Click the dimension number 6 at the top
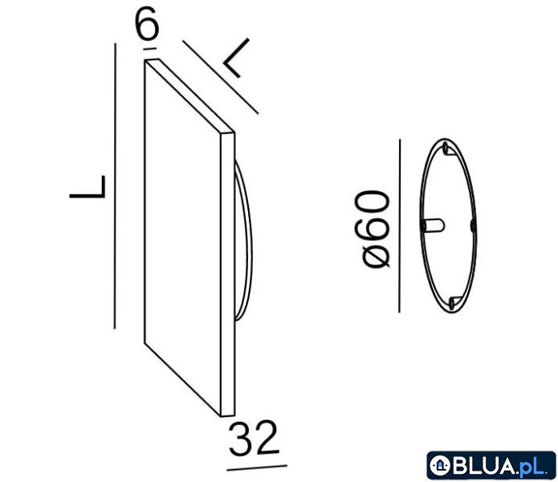tap(147, 24)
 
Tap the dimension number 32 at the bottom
tap(253, 438)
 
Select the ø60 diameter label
tap(372, 228)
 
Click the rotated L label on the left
tap(88, 186)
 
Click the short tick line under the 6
tap(149, 48)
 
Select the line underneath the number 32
tap(257, 468)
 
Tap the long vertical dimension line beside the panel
tap(115, 186)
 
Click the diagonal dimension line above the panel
tap(221, 77)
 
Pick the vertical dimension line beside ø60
tap(400, 226)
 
